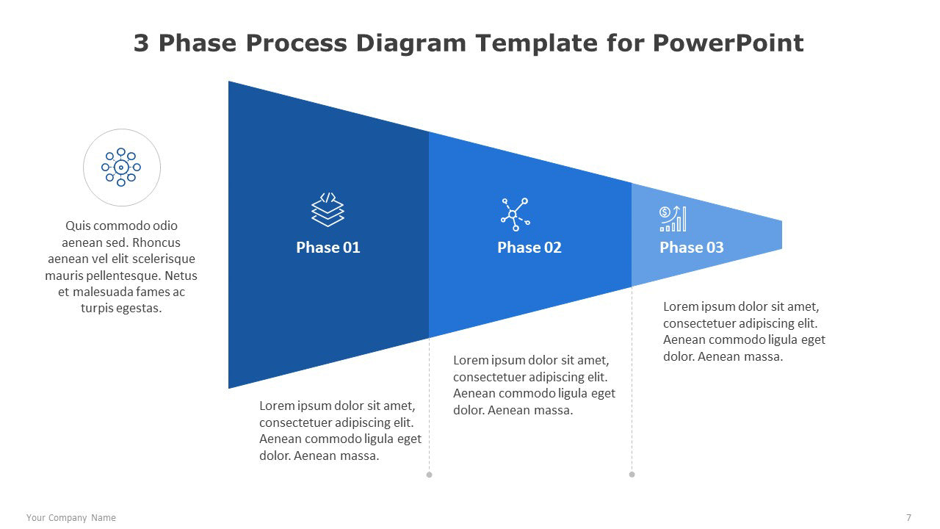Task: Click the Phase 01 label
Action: pyautogui.click(x=328, y=248)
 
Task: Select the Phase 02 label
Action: pyautogui.click(x=529, y=248)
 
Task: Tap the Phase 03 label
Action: pyautogui.click(x=692, y=248)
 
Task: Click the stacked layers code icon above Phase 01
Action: pyautogui.click(x=328, y=209)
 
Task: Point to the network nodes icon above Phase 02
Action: pyautogui.click(x=516, y=215)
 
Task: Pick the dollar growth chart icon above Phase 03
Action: pyautogui.click(x=673, y=219)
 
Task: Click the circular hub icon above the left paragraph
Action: pyautogui.click(x=121, y=167)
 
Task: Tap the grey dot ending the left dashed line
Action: pyautogui.click(x=429, y=475)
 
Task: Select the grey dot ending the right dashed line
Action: pyautogui.click(x=632, y=475)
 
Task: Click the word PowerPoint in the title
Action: pyautogui.click(x=728, y=43)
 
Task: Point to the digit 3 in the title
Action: pyautogui.click(x=141, y=43)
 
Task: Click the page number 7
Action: pyautogui.click(x=908, y=518)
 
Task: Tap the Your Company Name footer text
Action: pyautogui.click(x=71, y=518)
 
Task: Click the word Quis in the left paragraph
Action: pyautogui.click(x=78, y=226)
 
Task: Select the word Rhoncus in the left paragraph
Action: pyautogui.click(x=156, y=242)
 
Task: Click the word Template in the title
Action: pyautogui.click(x=536, y=43)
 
